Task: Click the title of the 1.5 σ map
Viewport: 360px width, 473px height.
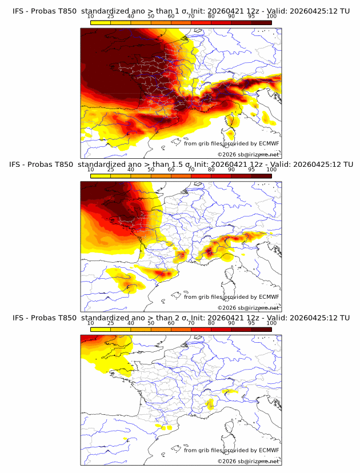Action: (x=181, y=165)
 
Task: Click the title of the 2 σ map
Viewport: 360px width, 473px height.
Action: (x=181, y=318)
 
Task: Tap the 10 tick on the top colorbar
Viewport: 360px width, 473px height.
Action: (x=91, y=16)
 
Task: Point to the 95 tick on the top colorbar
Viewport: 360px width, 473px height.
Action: (x=251, y=16)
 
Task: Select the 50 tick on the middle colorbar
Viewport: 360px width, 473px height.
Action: (x=151, y=170)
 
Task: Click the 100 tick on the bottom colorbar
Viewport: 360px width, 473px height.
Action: (x=271, y=323)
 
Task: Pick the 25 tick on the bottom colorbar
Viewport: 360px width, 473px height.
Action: (x=111, y=323)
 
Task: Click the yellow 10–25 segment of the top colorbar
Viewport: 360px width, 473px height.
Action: (x=101, y=22)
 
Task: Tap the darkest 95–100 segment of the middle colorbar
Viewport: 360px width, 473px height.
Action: (x=261, y=176)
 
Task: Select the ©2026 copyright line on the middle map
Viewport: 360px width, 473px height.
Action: (x=248, y=307)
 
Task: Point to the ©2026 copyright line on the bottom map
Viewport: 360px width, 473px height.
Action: (x=248, y=461)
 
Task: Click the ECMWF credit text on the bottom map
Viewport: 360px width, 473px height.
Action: (x=231, y=450)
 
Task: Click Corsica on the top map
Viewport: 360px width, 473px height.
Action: (x=231, y=122)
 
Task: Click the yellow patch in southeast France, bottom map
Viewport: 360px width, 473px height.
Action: (x=210, y=404)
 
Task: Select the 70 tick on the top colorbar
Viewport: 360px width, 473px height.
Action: (x=191, y=16)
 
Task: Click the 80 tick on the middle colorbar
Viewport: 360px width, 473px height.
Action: (x=211, y=170)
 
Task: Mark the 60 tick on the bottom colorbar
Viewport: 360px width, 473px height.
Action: (x=171, y=323)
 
